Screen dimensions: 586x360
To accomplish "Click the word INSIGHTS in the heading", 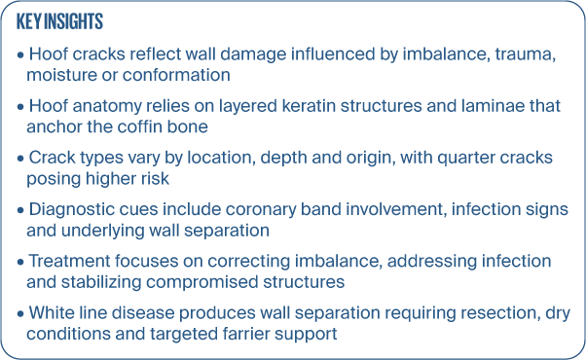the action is click(73, 21).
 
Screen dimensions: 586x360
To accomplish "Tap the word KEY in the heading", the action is click(29, 21).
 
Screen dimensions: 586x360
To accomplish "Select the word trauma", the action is click(525, 54).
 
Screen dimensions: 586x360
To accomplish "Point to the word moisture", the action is click(61, 75).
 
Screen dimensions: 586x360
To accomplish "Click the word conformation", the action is click(176, 75).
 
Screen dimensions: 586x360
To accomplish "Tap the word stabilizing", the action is click(101, 282).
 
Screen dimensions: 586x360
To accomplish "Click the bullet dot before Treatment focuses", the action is click(20, 263).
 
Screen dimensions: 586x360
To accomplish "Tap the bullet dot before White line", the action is click(20, 314).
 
